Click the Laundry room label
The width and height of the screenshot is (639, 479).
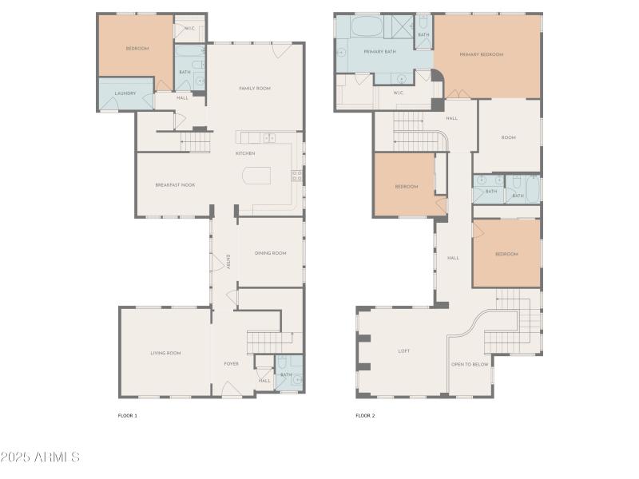125,93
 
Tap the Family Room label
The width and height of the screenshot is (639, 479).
256,88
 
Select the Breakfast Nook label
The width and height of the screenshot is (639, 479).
175,184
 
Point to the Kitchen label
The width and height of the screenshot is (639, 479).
245,152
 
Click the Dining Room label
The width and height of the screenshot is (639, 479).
270,253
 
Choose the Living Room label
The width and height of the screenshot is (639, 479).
165,352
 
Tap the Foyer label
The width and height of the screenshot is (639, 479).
231,363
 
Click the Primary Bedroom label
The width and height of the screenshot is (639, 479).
482,54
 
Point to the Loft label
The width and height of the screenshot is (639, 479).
404,350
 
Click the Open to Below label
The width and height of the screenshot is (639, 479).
470,364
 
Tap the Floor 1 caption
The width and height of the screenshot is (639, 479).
128,415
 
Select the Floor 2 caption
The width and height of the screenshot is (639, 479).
365,415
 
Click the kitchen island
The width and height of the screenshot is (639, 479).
256,176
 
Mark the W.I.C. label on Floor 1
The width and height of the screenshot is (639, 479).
190,28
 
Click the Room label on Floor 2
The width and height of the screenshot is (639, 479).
508,137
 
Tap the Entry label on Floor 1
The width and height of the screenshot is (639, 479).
228,261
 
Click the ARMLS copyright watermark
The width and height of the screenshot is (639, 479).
40,457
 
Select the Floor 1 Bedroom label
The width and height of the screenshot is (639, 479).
137,49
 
